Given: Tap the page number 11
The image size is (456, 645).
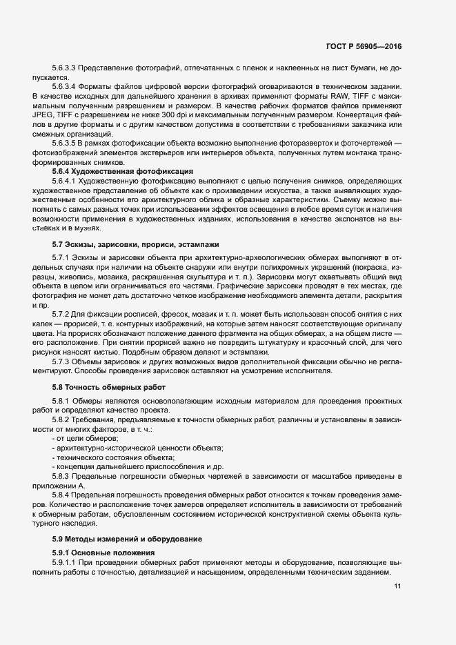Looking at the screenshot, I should pos(397,586).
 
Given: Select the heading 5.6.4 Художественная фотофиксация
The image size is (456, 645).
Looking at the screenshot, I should pos(114,170).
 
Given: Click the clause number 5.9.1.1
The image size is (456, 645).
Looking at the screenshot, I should pos(66,564).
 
